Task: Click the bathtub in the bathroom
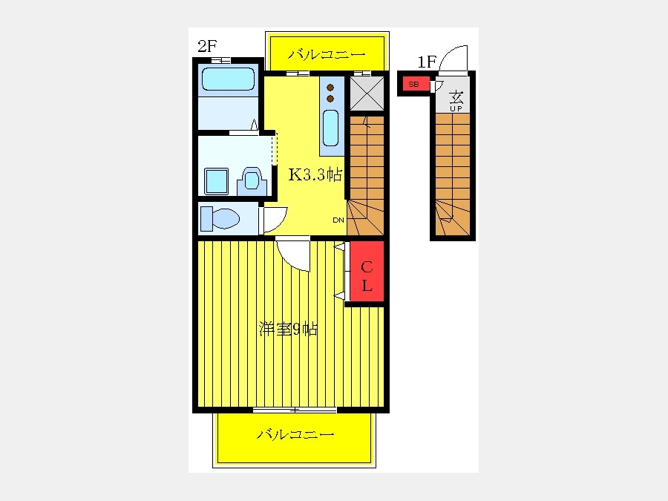pyautogui.click(x=228, y=79)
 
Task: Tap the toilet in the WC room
pyautogui.click(x=220, y=218)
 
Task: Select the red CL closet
pyautogui.click(x=367, y=272)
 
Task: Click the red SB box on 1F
pyautogui.click(x=413, y=85)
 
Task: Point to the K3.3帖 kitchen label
pyautogui.click(x=315, y=174)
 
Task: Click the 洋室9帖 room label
pyautogui.click(x=288, y=329)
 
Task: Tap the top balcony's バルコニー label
pyautogui.click(x=327, y=54)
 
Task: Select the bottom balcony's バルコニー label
pyautogui.click(x=295, y=434)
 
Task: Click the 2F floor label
pyautogui.click(x=208, y=46)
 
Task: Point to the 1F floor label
pyautogui.click(x=427, y=62)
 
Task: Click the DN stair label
pyautogui.click(x=338, y=220)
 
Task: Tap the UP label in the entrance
pyautogui.click(x=456, y=108)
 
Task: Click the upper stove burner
pyautogui.click(x=330, y=88)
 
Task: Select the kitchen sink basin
pyautogui.click(x=330, y=128)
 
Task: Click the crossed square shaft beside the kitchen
pyautogui.click(x=367, y=94)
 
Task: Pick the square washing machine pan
pyautogui.click(x=217, y=181)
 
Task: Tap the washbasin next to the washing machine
pyautogui.click(x=252, y=181)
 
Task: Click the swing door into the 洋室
pyautogui.click(x=293, y=255)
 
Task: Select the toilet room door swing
pyautogui.click(x=273, y=220)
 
